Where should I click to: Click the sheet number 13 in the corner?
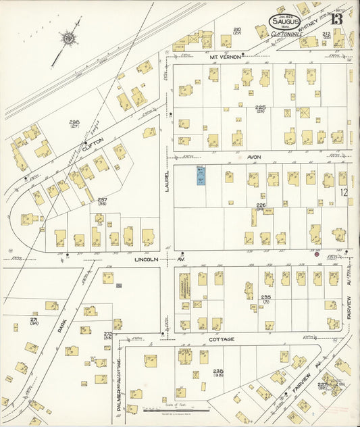coord(336,18)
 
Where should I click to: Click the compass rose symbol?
coord(69,39)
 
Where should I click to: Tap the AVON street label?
coord(254,156)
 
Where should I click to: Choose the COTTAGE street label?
coord(221,338)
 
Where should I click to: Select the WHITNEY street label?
coord(316,22)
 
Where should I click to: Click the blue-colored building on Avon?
coord(201,176)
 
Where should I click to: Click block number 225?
coord(261,108)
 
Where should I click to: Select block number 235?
coord(265,298)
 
